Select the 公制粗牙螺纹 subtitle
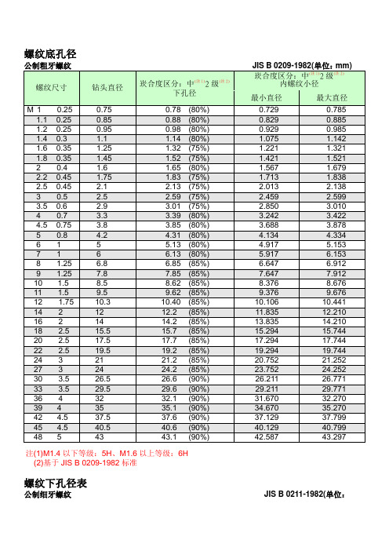pyautogui.click(x=49, y=65)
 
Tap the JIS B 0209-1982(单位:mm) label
pyautogui.click(x=306, y=65)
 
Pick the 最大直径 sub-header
pyautogui.click(x=332, y=97)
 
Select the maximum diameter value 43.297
pyautogui.click(x=333, y=436)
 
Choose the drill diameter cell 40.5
pyautogui.click(x=102, y=426)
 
